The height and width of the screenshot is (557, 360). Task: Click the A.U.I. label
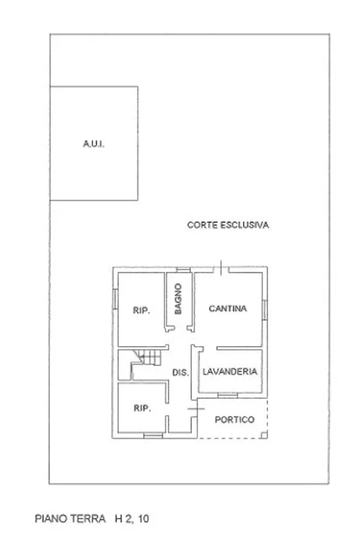click(94, 144)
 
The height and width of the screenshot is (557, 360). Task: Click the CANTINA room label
click(228, 308)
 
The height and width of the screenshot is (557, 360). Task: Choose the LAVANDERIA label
click(229, 372)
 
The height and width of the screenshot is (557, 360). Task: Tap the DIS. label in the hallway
click(181, 373)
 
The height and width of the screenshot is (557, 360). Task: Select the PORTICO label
click(234, 420)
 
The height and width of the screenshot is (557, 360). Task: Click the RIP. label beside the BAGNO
click(141, 311)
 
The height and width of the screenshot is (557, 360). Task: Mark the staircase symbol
click(148, 358)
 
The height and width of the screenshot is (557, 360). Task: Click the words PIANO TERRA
click(70, 519)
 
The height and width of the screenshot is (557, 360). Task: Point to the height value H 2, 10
click(131, 519)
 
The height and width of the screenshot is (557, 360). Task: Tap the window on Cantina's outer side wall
click(265, 310)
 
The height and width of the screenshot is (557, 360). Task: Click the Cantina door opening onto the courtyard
click(221, 269)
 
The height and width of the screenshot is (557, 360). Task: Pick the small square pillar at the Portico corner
click(264, 435)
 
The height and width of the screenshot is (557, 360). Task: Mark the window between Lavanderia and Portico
click(228, 394)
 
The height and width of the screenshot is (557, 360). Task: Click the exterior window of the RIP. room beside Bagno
click(115, 299)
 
